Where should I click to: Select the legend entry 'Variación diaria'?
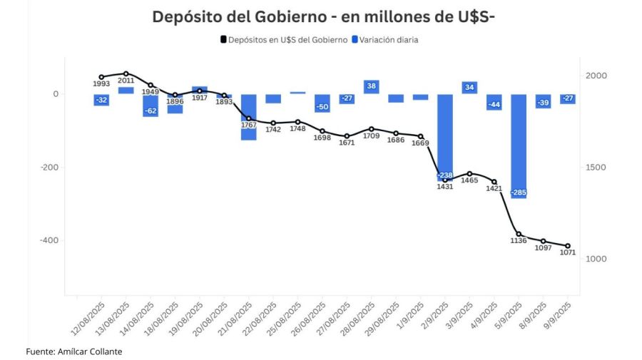388,40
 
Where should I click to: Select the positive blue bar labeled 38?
372,87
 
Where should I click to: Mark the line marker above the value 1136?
519,234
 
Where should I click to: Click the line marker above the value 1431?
445,180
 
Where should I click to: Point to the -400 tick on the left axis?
49,240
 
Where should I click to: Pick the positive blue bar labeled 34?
469,88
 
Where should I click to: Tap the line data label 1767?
248,125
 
